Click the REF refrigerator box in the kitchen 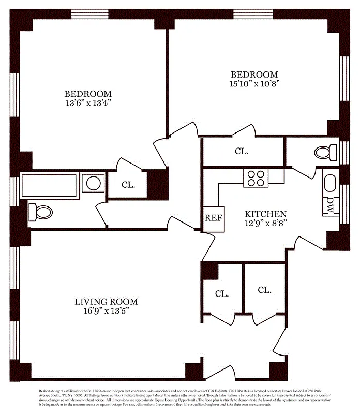[x=214, y=218]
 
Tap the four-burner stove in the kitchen [x=256, y=178]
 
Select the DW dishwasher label [x=329, y=206]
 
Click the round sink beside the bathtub [x=93, y=183]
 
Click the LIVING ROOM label [x=106, y=302]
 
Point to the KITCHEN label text [x=265, y=214]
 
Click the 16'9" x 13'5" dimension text [x=106, y=311]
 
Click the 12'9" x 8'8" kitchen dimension [x=265, y=223]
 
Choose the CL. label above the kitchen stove [x=242, y=152]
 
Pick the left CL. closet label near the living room [x=222, y=293]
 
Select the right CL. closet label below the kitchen [x=264, y=290]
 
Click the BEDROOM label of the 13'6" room [x=88, y=94]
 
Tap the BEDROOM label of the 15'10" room [x=254, y=75]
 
